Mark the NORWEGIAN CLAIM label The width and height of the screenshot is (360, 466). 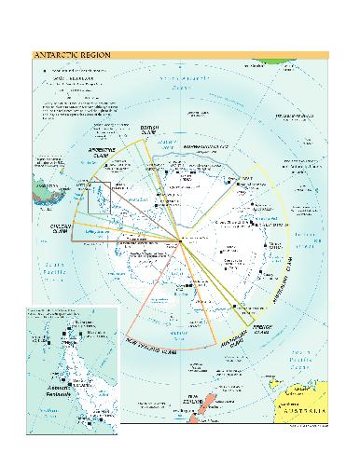[212, 147]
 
